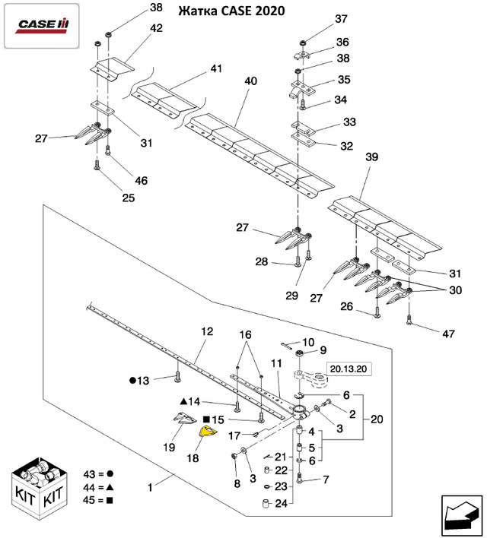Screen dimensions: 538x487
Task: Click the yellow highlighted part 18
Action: (x=208, y=432)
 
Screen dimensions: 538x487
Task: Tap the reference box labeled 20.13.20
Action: (x=349, y=369)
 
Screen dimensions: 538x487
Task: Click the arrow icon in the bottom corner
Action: (x=460, y=514)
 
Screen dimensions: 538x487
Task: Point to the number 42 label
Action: (x=156, y=28)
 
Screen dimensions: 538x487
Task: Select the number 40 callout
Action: (x=250, y=81)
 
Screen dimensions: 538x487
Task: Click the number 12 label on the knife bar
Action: (x=207, y=332)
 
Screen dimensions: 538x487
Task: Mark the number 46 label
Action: (x=142, y=181)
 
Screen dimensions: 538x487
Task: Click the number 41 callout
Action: (x=216, y=68)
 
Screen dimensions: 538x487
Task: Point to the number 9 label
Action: (x=323, y=350)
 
